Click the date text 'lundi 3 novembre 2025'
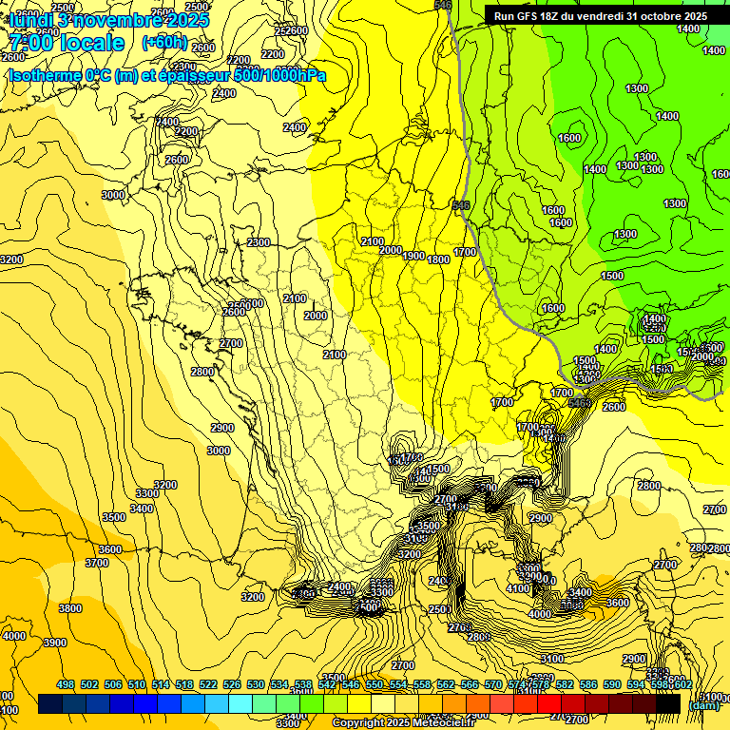click(x=108, y=19)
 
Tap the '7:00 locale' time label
click(x=67, y=44)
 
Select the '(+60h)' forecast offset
click(x=163, y=44)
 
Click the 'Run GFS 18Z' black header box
click(x=600, y=15)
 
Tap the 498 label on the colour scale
click(x=66, y=684)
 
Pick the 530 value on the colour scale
click(x=256, y=684)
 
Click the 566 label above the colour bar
click(x=470, y=684)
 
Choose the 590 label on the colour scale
click(x=612, y=684)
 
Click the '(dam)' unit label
click(x=703, y=704)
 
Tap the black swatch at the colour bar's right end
click(x=668, y=704)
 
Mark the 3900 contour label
click(x=55, y=643)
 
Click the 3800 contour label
click(x=69, y=608)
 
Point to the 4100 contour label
click(x=518, y=589)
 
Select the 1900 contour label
click(x=413, y=256)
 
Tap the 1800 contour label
click(x=438, y=259)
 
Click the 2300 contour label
click(x=259, y=242)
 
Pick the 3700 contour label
click(x=97, y=563)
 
